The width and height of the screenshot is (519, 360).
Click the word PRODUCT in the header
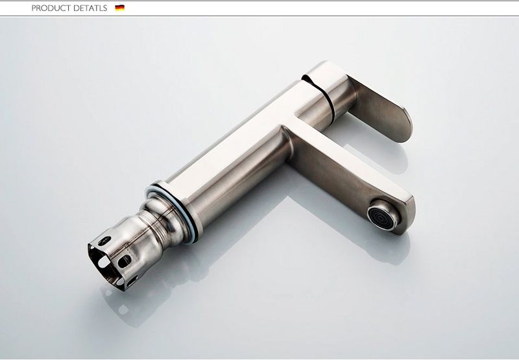tap(51, 8)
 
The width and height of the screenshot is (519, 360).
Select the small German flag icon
tap(119, 8)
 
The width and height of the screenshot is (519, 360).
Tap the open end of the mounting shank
tap(102, 264)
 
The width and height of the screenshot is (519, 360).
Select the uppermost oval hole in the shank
tap(104, 241)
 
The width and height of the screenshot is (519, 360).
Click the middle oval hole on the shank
tap(125, 261)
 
